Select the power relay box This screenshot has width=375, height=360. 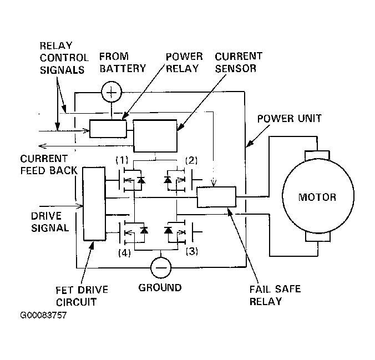[x=108, y=129]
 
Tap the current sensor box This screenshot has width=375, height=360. [x=155, y=136]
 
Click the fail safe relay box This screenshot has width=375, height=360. [x=216, y=197]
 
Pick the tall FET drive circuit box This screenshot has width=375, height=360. [x=94, y=204]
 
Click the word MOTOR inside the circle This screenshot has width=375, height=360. [x=317, y=197]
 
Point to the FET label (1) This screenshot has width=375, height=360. [x=122, y=160]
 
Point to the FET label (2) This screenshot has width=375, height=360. [x=191, y=160]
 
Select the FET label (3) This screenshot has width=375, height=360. [x=192, y=251]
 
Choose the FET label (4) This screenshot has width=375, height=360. [x=124, y=252]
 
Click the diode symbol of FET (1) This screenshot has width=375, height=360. [x=141, y=180]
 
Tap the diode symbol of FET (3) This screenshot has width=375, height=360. [x=169, y=230]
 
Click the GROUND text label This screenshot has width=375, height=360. [x=160, y=287]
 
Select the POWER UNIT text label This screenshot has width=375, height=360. [x=290, y=119]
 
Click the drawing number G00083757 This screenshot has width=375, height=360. [x=43, y=315]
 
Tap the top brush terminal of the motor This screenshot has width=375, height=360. [x=317, y=155]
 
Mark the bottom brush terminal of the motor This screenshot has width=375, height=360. [x=318, y=237]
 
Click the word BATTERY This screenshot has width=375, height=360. [x=123, y=69]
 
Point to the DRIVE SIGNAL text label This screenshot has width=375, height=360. [x=50, y=222]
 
